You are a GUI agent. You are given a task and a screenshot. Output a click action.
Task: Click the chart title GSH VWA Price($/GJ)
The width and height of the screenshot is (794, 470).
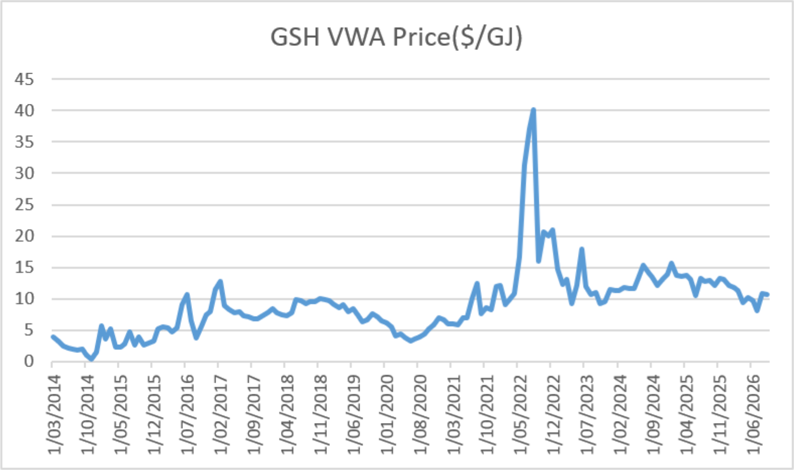coord(396,37)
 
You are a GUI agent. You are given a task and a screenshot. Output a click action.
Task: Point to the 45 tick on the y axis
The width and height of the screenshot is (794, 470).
coord(24,79)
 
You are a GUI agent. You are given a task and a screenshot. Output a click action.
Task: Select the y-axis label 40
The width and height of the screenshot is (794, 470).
coord(24,110)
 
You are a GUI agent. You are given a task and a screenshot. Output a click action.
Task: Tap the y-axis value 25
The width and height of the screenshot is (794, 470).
coord(24,205)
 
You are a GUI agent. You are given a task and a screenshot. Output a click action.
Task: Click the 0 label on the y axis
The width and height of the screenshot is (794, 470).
coord(29,362)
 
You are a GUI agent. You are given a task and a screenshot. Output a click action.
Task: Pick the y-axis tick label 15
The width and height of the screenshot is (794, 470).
coord(24,267)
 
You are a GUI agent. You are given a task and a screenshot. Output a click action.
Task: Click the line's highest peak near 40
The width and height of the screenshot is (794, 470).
coord(534,110)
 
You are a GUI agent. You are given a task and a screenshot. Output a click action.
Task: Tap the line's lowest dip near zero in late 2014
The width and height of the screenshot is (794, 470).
coord(92,360)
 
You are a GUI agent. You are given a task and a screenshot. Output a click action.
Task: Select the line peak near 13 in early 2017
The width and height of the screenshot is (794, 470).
coord(221,281)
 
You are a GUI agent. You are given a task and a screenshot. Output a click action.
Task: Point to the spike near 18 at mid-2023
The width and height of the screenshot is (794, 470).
coord(582,249)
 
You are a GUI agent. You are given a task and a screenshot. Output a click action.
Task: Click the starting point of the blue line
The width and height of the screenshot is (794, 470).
coord(53,337)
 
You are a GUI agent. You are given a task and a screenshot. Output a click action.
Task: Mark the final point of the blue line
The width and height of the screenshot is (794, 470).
coord(768,295)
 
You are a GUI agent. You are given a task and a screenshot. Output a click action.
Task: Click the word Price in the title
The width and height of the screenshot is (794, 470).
coord(422,37)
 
